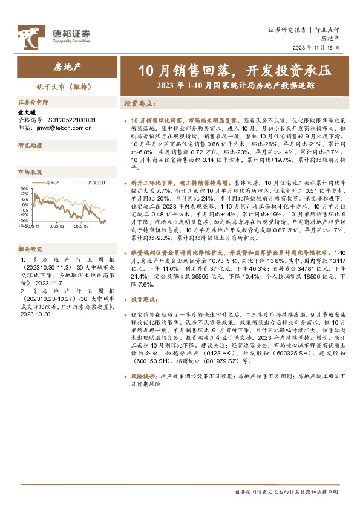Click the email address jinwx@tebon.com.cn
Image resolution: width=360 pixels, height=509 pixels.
pos(63,128)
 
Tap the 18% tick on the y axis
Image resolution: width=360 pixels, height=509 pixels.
pos(24,188)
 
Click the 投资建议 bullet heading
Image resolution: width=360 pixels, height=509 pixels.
pos(144,299)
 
